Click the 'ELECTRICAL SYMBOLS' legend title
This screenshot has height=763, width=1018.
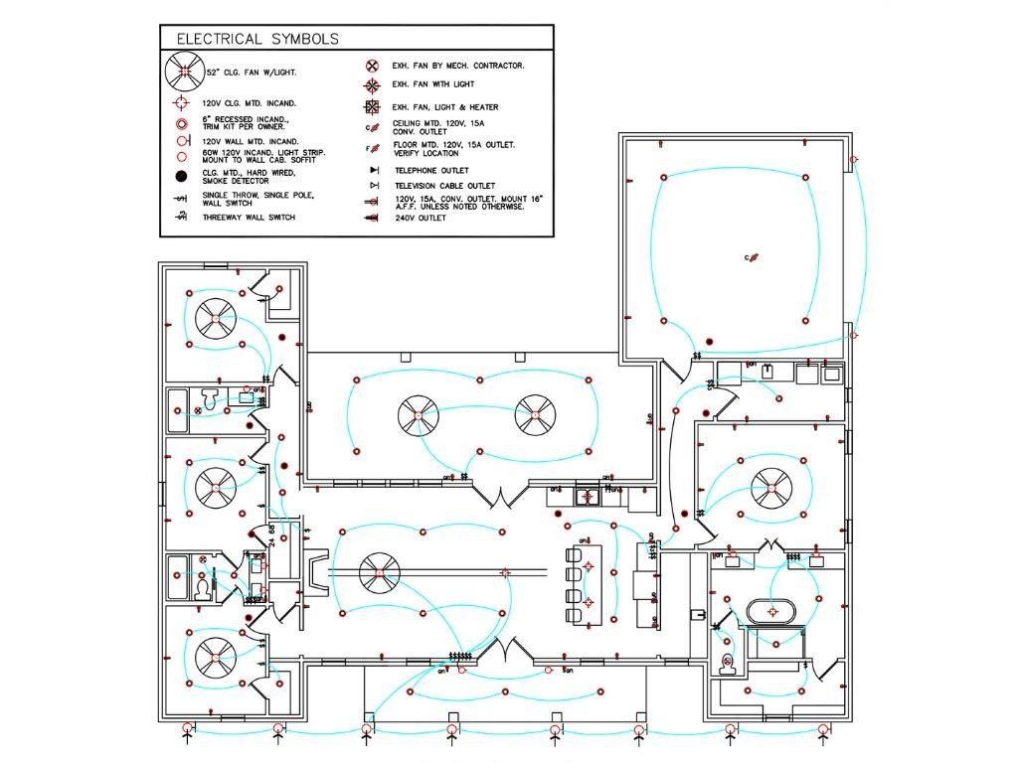click(x=257, y=39)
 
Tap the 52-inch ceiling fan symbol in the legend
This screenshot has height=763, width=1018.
click(x=183, y=72)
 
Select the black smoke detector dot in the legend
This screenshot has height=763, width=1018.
click(x=182, y=177)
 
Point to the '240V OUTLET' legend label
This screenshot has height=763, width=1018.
click(x=420, y=218)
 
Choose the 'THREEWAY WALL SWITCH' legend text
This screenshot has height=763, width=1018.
click(x=249, y=218)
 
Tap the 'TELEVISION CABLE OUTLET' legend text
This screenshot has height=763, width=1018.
click(x=444, y=186)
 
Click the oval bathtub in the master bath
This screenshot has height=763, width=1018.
click(x=768, y=610)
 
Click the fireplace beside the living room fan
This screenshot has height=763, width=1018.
click(x=316, y=573)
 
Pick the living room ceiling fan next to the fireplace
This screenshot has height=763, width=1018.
click(x=379, y=573)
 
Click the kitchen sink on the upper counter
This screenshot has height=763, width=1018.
click(x=589, y=495)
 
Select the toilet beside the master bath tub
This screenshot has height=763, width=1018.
click(x=727, y=663)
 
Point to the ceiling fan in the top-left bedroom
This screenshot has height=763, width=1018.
click(x=217, y=319)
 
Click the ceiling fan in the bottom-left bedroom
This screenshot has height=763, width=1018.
click(x=217, y=657)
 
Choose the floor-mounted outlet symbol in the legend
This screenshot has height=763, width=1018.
click(x=372, y=149)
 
